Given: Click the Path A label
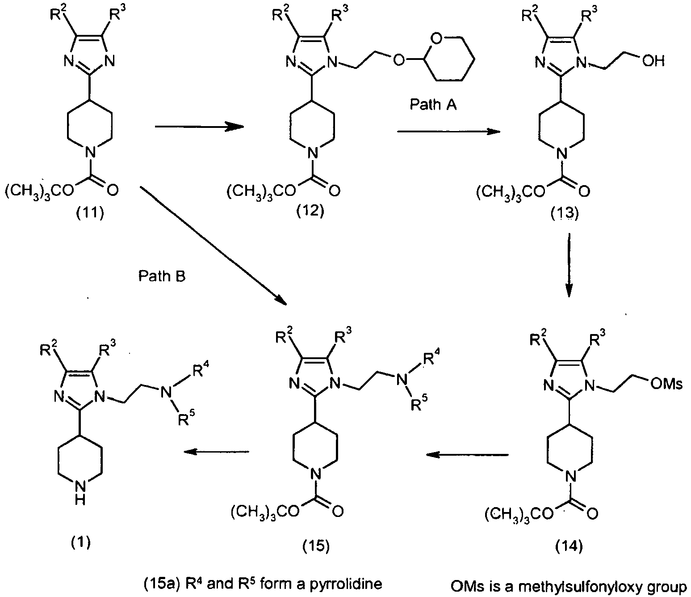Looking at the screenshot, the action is click(x=433, y=105).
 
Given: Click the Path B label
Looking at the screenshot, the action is click(x=162, y=276).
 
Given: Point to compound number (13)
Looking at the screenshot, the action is click(x=565, y=213).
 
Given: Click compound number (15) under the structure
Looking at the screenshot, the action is click(x=316, y=546).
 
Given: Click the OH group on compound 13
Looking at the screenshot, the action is click(x=653, y=61).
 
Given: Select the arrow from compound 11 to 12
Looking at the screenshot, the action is click(x=200, y=127).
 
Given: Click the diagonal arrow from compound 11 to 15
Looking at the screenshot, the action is click(x=213, y=246).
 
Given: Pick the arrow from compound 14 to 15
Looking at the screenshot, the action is click(x=468, y=455).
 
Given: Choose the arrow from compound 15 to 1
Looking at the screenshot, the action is click(x=217, y=452).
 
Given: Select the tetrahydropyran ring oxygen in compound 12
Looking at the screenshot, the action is click(x=436, y=39).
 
